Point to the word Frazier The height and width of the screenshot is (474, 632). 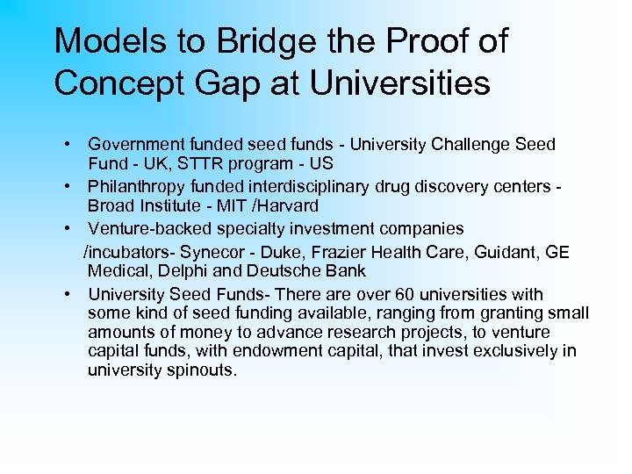tap(340, 252)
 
